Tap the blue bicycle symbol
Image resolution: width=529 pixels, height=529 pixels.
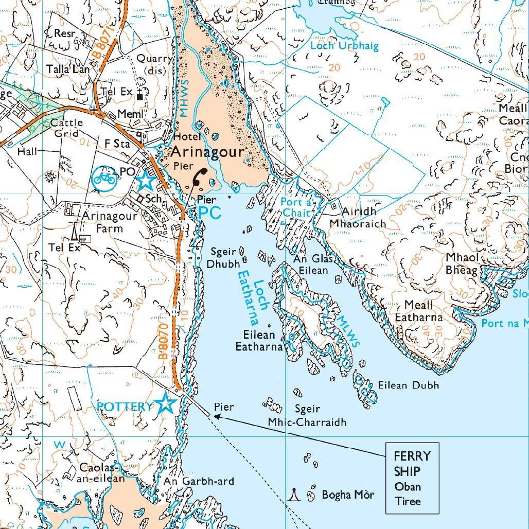(104, 178)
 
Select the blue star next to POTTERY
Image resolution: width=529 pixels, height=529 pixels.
(167, 404)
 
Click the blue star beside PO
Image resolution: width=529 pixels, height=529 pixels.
(145, 181)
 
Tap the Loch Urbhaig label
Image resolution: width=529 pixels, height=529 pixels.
(344, 46)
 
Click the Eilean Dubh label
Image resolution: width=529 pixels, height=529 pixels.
(409, 385)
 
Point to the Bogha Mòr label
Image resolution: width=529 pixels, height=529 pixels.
(348, 495)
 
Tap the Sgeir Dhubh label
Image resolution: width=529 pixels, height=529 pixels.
(223, 258)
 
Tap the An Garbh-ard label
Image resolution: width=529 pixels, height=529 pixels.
(199, 482)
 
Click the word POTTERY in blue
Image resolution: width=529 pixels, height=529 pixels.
(125, 407)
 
